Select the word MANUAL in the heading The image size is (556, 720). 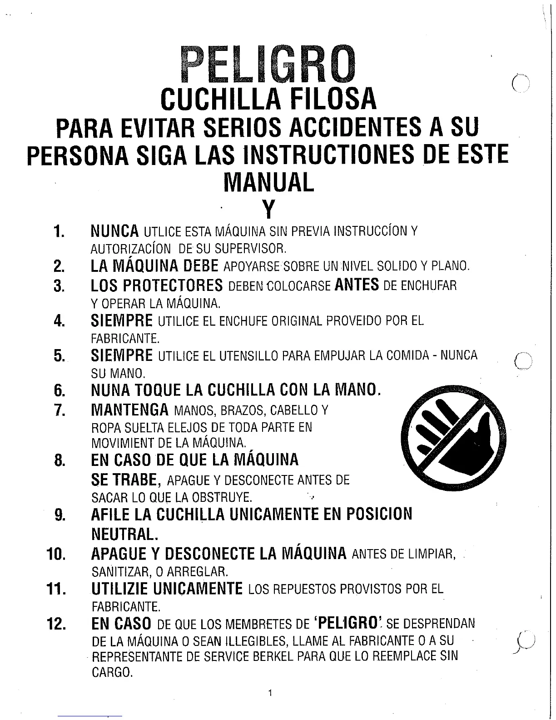coord(269,182)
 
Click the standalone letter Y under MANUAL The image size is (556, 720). coord(269,209)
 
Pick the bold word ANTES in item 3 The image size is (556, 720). coord(357,285)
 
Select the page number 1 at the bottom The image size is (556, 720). coord(270,693)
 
